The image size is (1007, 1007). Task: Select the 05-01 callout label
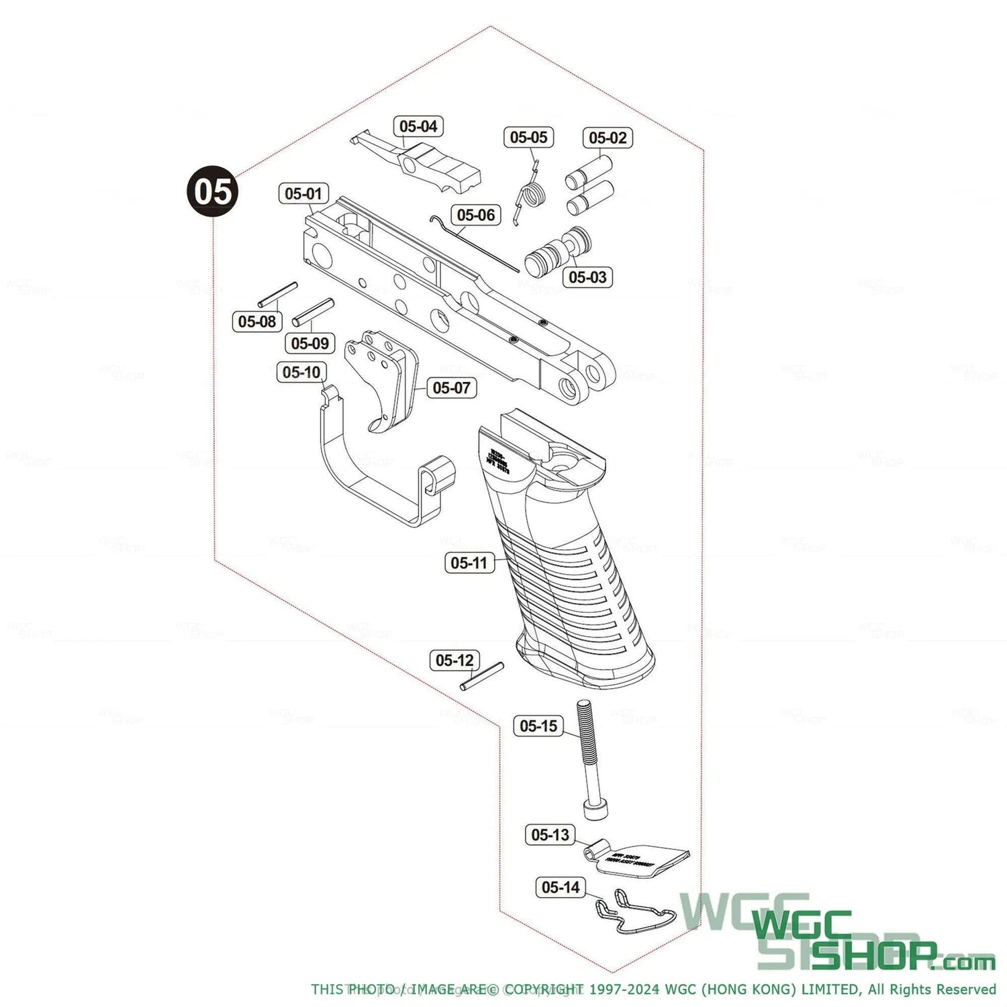pos(303,194)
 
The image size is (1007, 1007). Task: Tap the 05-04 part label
pos(418,126)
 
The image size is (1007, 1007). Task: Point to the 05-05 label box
pos(529,137)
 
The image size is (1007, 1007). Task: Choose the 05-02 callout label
pos(608,138)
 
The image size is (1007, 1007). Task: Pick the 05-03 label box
pos(587,277)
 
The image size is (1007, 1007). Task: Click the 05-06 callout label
pos(475,215)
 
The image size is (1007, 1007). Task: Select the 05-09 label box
pos(309,343)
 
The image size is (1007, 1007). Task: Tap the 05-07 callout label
pos(451,387)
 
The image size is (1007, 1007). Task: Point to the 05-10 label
pos(302,372)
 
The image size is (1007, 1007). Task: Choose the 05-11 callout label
pos(469,563)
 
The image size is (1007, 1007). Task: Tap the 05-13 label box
pos(550,835)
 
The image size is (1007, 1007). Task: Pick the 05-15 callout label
pos(538,726)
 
